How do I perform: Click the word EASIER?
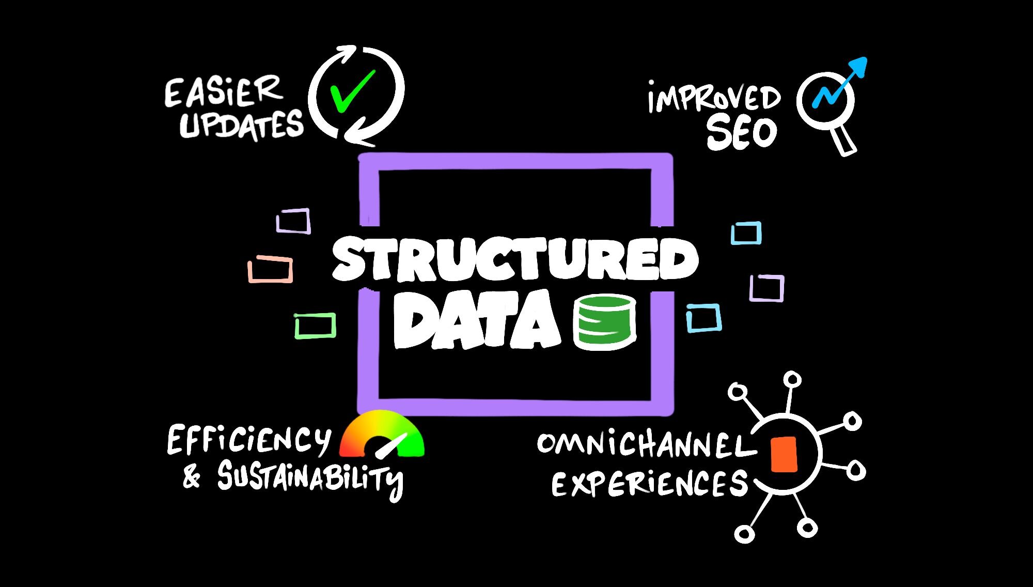coord(223,92)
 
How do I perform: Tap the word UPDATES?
coord(241,125)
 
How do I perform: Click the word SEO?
coord(742,133)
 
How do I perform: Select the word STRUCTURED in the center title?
coord(515,259)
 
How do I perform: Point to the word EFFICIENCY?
coord(248,440)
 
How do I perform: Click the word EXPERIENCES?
coord(650,484)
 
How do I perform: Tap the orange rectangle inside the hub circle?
coord(784,454)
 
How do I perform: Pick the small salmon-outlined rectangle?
coord(270,269)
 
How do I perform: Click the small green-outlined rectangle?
coord(315,326)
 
